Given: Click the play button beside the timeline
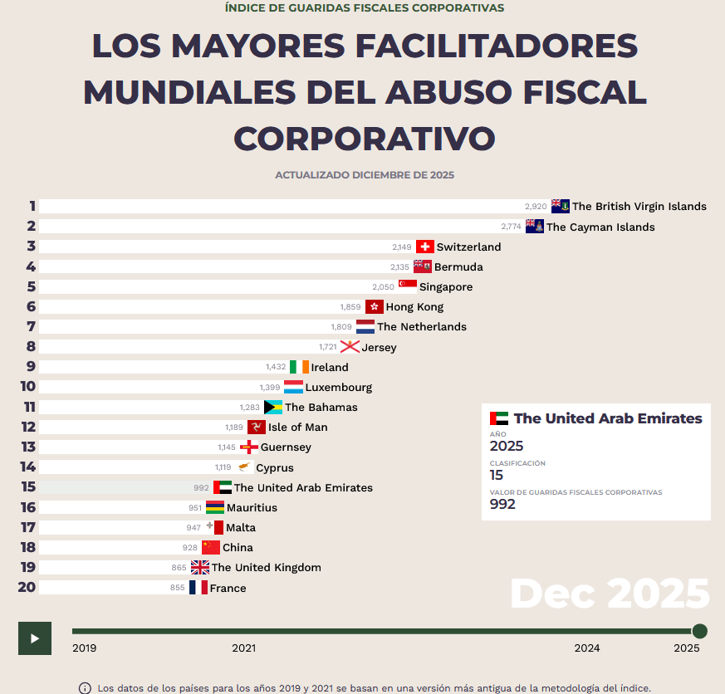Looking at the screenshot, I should pos(35,638).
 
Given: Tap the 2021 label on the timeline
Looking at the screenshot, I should pos(243,648).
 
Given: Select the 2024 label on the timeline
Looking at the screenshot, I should pos(587,648).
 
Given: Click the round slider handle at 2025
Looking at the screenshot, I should pos(700,631).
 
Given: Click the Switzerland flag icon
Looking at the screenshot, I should pos(425,247).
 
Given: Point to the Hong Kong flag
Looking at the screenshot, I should pos(375,306).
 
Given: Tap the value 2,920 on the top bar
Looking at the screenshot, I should pos(536,206).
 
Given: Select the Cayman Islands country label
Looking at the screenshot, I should pos(600,227).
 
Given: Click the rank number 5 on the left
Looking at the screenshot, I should pos(31,286).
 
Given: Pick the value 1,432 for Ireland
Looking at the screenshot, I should pos(276,367).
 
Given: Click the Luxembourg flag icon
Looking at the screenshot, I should pos(293,387).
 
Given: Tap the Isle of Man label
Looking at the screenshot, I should pos(297,427).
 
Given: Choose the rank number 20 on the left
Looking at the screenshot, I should pos(27,588).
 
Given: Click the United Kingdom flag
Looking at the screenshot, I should pos(200,568).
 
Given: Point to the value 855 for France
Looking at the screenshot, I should pos(178,588).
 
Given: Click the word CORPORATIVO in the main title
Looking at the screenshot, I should pos(365,137).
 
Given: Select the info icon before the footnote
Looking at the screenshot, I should pos(85,688).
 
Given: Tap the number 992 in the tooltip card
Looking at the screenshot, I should pos(502,504).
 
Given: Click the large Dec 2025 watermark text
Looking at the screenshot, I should pos(610,594).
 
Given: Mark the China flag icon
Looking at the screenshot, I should pos(211,547).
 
